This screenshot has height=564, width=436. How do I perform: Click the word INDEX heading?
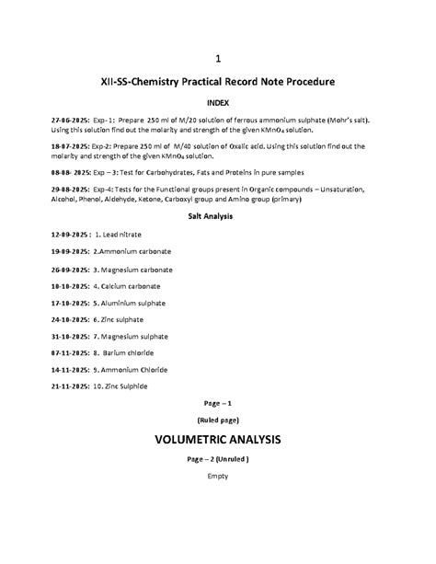click(x=218, y=102)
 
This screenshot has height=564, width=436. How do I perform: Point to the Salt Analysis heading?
click(x=218, y=216)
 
